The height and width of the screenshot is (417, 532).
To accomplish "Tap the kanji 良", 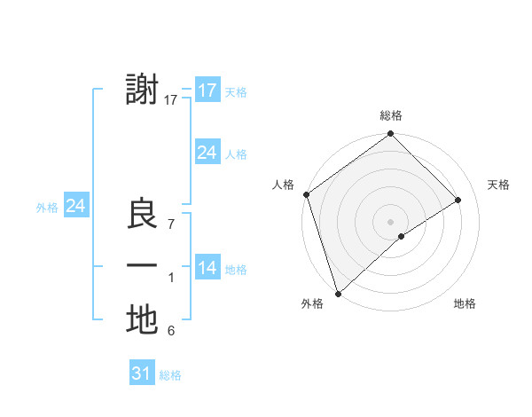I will point(142,216).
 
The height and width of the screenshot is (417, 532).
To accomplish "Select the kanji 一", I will point(142,266).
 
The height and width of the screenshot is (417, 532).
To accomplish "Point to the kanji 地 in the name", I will point(142,319).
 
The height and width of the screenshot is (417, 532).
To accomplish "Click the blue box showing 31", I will point(142,374).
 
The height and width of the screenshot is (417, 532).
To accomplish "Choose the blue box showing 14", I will point(207,268).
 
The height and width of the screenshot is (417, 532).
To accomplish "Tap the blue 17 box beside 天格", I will point(207,90).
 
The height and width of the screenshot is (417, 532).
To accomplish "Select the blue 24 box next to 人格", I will point(207,153).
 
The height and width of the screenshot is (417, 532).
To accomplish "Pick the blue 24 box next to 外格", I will point(76,206).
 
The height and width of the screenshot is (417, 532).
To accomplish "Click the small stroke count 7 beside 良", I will point(171,224).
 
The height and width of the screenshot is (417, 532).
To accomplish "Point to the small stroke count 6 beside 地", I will point(171,331).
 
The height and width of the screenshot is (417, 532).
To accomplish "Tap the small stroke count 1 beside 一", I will point(171,278).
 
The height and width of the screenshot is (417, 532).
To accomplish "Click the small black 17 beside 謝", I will point(171,100).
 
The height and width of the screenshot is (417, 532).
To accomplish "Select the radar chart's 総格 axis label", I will point(390,115).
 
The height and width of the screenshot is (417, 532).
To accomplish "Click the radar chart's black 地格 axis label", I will point(465,303).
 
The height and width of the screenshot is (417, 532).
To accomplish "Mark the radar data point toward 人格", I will point(307,194).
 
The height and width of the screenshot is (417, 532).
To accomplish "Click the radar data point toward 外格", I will point(338,293).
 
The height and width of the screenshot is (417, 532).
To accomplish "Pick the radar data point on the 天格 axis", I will point(458,200).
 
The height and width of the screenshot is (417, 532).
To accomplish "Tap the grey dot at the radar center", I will point(390,221).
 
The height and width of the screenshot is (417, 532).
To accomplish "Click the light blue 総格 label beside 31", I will point(170,375).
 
